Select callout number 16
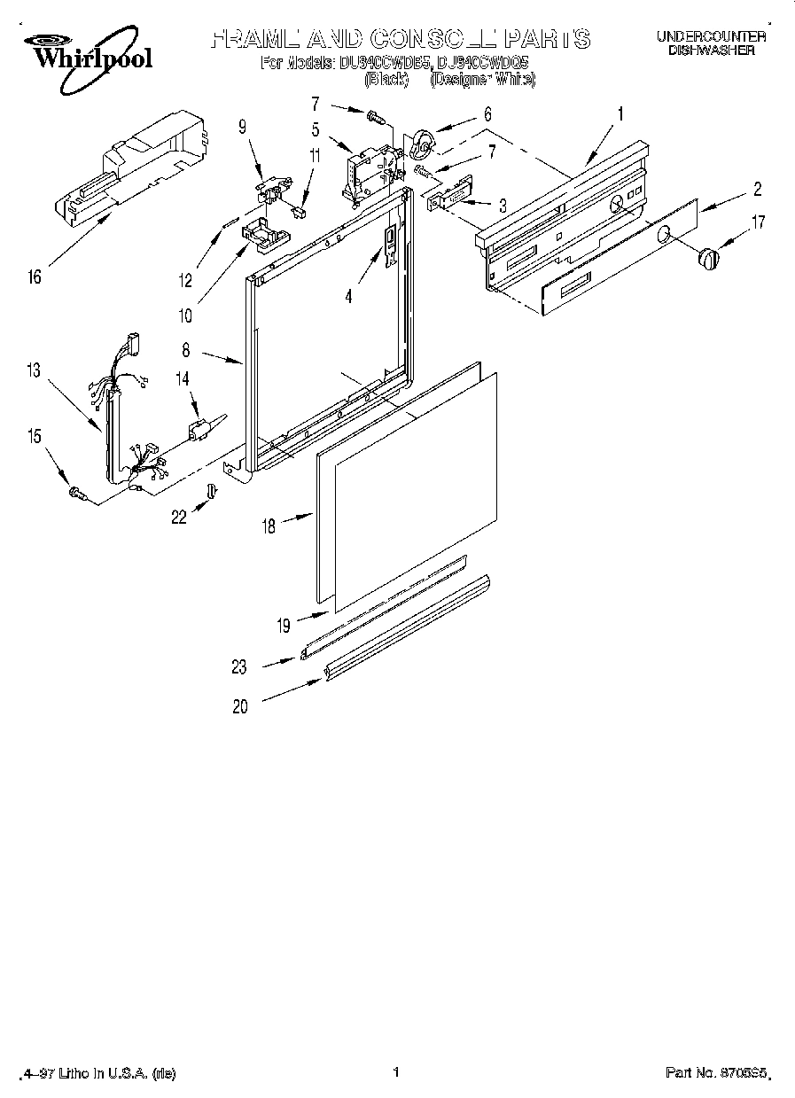(x=35, y=278)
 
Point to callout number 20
(x=241, y=706)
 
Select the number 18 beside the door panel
(x=269, y=526)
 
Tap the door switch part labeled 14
(x=199, y=428)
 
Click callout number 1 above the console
(x=620, y=113)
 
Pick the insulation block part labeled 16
(x=133, y=168)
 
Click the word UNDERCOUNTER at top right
(x=711, y=36)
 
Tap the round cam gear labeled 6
(x=423, y=143)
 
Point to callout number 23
(x=241, y=667)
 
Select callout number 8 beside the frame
(x=185, y=351)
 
